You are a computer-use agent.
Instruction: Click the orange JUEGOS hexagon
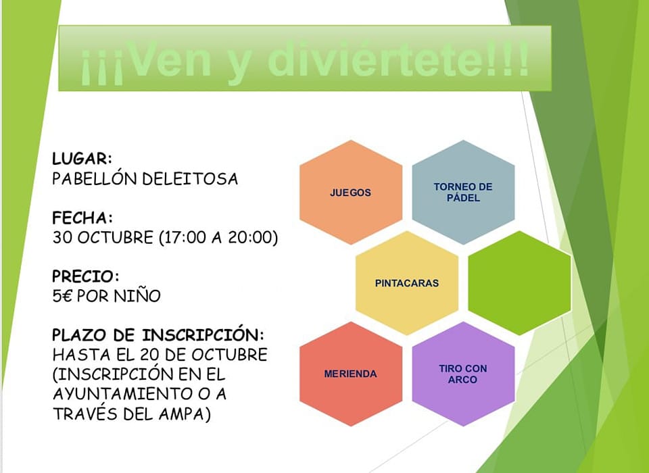(x=351, y=193)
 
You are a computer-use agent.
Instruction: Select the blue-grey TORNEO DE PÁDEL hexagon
(x=463, y=193)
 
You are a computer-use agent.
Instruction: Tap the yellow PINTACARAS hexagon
(x=407, y=283)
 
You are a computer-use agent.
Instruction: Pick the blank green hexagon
(x=519, y=283)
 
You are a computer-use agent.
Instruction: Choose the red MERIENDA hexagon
(x=351, y=374)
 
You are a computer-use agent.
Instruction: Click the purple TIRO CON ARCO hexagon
(x=463, y=374)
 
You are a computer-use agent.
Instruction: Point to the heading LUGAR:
(x=82, y=159)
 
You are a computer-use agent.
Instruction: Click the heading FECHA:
(x=82, y=218)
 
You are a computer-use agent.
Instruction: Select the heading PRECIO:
(x=86, y=276)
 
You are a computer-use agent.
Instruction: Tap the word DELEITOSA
(x=190, y=179)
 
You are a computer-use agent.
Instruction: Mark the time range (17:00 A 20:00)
(x=218, y=238)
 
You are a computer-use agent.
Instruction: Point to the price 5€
(x=62, y=296)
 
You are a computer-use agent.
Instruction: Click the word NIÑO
(x=137, y=295)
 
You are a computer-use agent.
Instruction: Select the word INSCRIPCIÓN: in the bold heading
(x=203, y=334)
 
